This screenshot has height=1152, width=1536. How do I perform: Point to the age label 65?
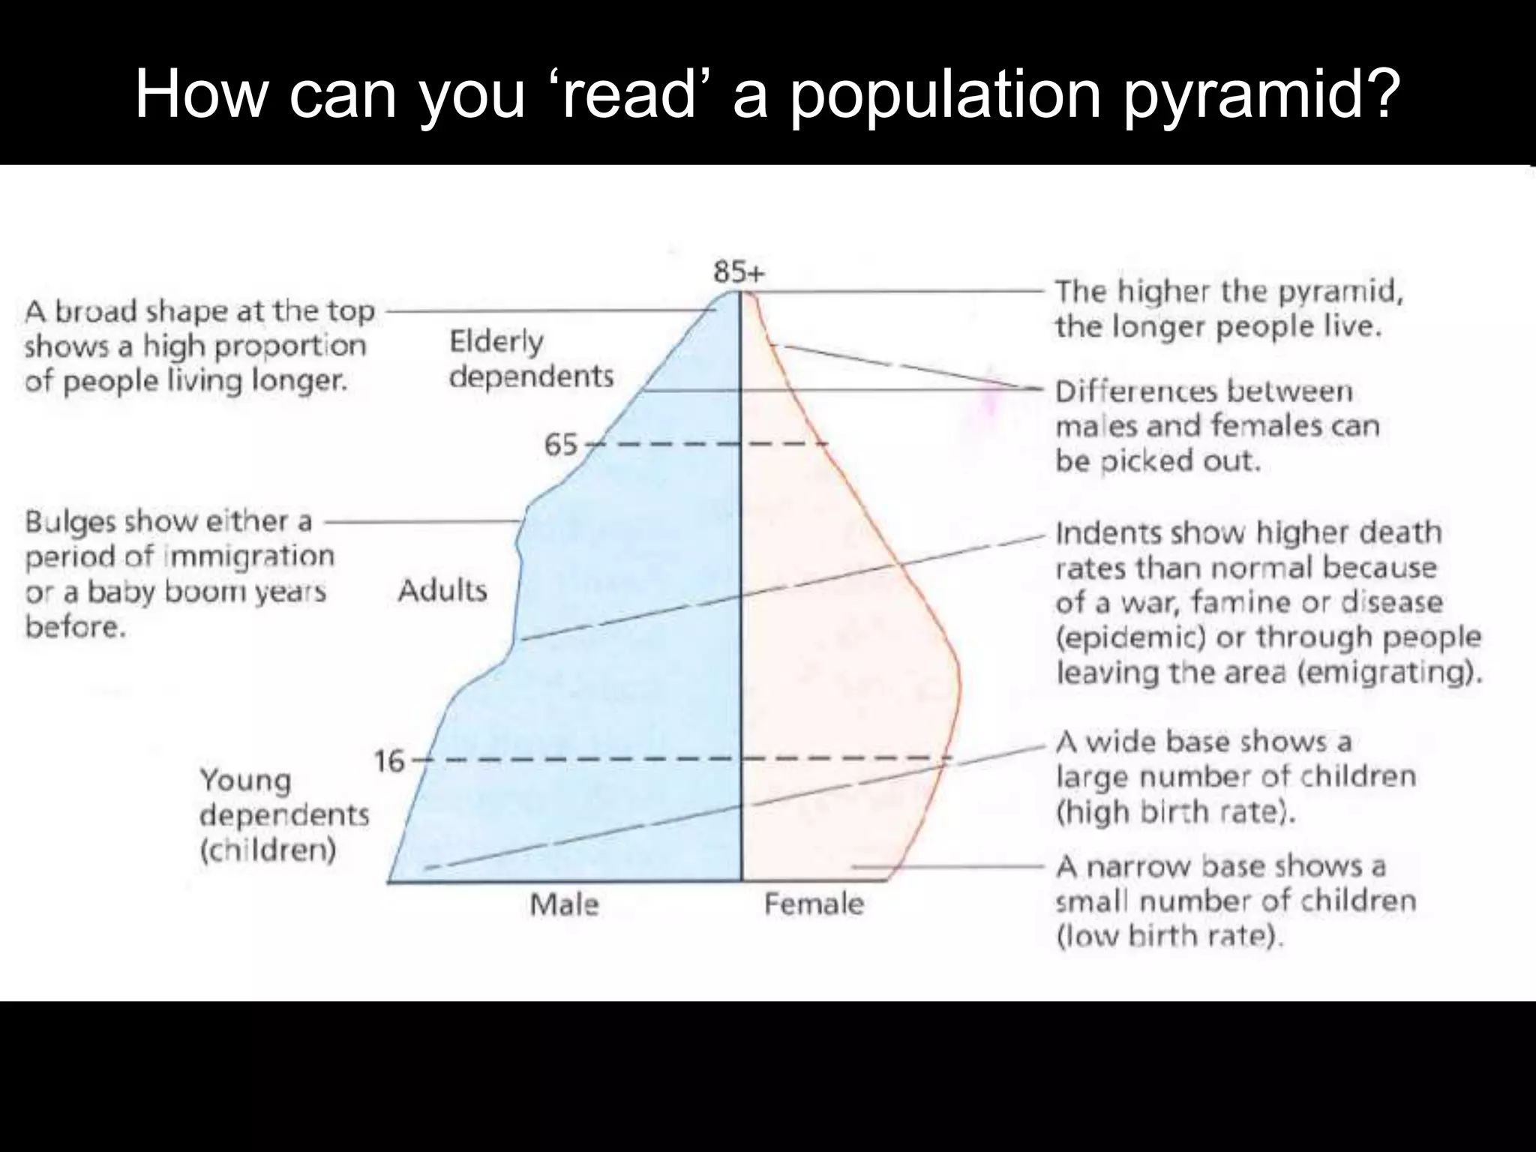point(561,445)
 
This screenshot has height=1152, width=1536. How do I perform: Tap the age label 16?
point(389,762)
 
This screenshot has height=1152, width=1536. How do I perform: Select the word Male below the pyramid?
point(564,904)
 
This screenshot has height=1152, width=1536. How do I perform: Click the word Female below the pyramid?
point(814,904)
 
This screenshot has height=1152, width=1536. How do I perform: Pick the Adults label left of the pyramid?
point(442,591)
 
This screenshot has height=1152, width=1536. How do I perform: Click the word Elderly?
point(496,343)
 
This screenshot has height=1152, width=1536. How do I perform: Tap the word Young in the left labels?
point(245,781)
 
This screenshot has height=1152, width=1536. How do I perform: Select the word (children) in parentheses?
point(268,851)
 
